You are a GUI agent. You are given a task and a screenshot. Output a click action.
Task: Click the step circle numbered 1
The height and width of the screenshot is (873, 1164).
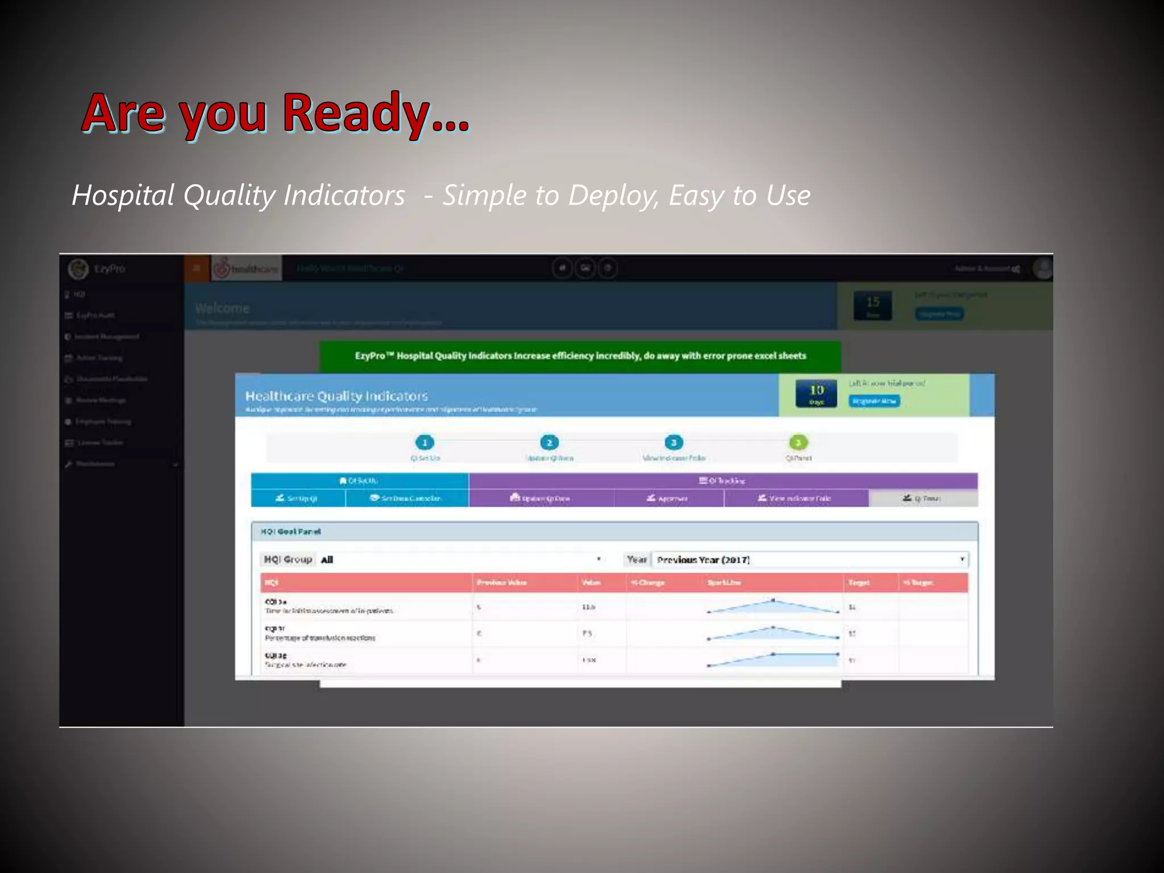click(x=425, y=443)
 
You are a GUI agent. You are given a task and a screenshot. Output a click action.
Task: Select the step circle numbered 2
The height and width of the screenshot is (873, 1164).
click(x=549, y=443)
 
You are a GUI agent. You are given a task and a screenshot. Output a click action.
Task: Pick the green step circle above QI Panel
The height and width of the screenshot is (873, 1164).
click(x=798, y=443)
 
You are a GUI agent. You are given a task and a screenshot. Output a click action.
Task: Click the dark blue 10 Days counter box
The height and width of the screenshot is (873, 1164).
click(x=816, y=393)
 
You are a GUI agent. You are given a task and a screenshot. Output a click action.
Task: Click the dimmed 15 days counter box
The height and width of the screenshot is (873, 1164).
click(x=872, y=305)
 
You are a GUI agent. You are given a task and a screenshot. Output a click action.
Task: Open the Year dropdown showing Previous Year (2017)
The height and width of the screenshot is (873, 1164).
click(x=810, y=560)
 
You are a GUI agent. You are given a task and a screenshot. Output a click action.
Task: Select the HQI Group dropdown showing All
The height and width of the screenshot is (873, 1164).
click(x=460, y=560)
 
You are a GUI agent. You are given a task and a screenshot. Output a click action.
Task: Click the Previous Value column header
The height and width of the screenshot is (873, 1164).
click(x=501, y=583)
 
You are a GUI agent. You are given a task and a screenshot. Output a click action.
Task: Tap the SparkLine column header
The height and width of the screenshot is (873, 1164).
click(x=724, y=583)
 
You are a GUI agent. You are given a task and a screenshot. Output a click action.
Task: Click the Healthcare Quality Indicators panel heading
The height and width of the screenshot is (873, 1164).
click(x=336, y=396)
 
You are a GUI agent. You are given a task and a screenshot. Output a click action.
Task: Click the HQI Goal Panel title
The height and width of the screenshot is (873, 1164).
click(x=290, y=532)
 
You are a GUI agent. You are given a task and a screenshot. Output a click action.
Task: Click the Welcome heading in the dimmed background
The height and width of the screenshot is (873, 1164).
click(x=222, y=308)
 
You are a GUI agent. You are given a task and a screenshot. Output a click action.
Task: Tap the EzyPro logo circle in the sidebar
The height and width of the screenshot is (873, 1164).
click(x=78, y=269)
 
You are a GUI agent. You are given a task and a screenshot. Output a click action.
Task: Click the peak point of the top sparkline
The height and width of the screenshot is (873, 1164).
click(x=773, y=600)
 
